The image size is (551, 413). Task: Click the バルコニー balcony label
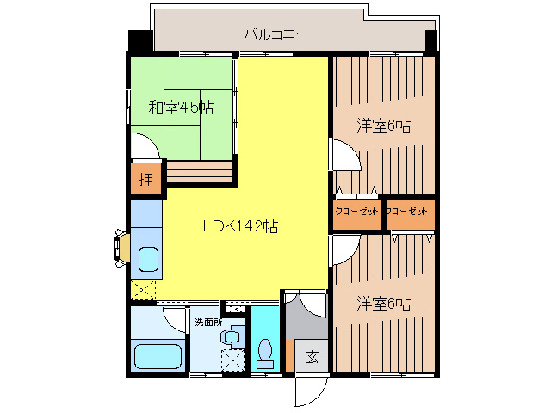coord(275,35)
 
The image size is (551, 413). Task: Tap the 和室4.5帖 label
coord(181,108)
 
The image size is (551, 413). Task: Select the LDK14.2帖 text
coord(239,227)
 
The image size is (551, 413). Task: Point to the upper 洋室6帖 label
coord(383,126)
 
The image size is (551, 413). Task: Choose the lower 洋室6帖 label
coord(383,304)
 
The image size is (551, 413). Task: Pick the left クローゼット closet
coord(357,213)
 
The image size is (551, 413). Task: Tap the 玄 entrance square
coord(311,356)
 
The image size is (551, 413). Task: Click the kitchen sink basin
coord(148,259)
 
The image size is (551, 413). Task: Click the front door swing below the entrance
coord(310,391)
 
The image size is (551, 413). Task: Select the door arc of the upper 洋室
coord(344,155)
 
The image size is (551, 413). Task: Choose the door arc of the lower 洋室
coord(343,249)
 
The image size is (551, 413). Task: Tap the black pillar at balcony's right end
coord(430,41)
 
